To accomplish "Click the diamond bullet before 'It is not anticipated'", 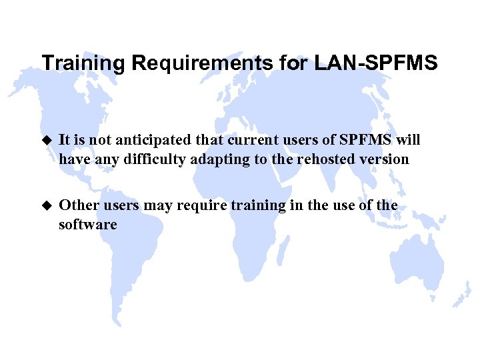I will pyautogui.click(x=46, y=141).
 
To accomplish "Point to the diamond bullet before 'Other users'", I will pyautogui.click(x=46, y=206).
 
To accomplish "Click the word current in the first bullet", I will pyautogui.click(x=230, y=141).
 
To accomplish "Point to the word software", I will pyautogui.click(x=87, y=225).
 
